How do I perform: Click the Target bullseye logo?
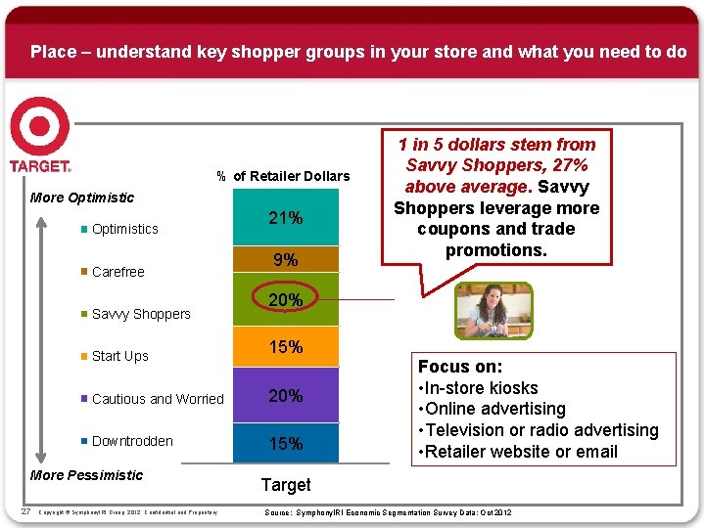click(40, 128)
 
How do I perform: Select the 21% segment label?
click(285, 218)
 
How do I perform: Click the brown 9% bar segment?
click(285, 260)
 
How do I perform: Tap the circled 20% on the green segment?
click(285, 300)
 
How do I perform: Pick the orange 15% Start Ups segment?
click(285, 347)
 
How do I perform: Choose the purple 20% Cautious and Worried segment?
click(285, 395)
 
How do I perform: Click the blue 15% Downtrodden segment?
click(285, 443)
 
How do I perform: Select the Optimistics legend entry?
click(124, 229)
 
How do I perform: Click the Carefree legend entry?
click(117, 272)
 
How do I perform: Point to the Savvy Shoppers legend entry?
click(140, 314)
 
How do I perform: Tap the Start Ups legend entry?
click(119, 356)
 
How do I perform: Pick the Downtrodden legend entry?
click(131, 441)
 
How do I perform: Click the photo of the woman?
click(494, 312)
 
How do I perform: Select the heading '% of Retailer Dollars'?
click(283, 176)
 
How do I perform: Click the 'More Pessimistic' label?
click(86, 475)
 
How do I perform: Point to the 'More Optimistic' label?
click(82, 198)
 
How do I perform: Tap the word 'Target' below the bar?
click(285, 485)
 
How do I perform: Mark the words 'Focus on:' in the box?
click(460, 367)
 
